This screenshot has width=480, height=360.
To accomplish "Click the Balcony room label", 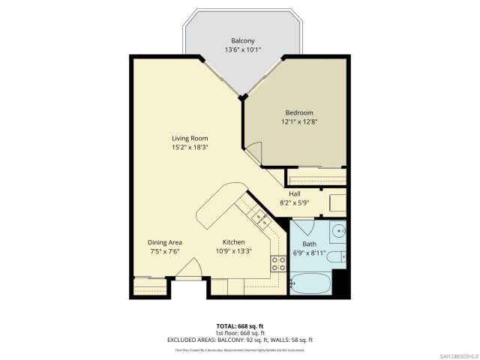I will tap(242, 40).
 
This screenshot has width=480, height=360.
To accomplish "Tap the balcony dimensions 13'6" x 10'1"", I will tap(242, 50).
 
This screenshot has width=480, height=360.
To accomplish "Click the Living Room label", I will tap(189, 138).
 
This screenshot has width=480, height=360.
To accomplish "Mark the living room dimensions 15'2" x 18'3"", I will tap(189, 148).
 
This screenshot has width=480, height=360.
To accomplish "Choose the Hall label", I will tap(295, 193).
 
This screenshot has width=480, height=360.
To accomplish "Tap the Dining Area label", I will tap(164, 242).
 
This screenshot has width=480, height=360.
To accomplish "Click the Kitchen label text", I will tap(233, 242).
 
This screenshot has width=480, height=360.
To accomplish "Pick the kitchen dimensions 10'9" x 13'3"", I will tap(233, 252).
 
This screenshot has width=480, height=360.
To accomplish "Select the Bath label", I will tap(309, 244).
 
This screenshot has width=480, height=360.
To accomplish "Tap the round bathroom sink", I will tap(338, 230).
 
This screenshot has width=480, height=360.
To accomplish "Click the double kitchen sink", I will tap(261, 218).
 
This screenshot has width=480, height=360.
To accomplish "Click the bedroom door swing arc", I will tap(255, 154).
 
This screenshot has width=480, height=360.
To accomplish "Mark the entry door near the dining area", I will tap(187, 268).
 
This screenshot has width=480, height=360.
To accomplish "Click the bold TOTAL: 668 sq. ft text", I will tap(239, 326).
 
